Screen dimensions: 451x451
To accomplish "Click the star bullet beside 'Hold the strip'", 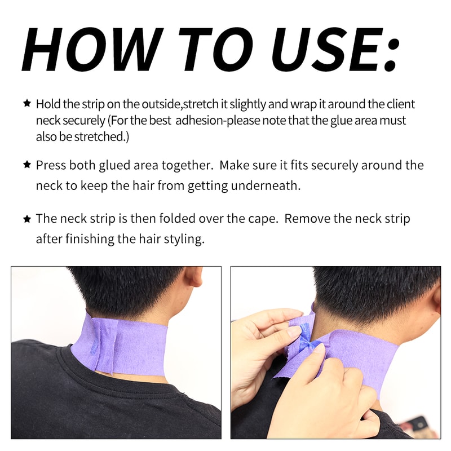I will (x=26, y=104).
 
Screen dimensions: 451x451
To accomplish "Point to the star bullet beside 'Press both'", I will (x=26, y=165).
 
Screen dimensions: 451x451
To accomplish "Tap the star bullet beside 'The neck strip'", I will (x=26, y=218).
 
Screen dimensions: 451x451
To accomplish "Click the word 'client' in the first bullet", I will (x=400, y=104).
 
